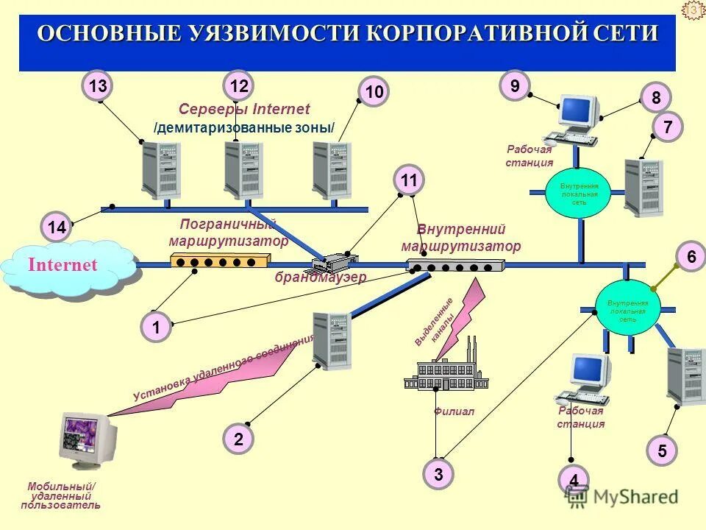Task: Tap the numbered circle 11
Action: coord(410,180)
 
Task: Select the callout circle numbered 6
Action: coord(691,257)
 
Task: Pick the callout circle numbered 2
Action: coord(238,439)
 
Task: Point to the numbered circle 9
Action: coord(515,87)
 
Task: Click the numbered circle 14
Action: coord(56,227)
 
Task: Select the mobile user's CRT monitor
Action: coord(88,440)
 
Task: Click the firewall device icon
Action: coord(335,262)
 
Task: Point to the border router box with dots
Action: coord(220,261)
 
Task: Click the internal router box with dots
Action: coord(455,266)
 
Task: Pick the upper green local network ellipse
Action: coord(579,193)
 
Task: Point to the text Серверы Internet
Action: coord(244,109)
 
